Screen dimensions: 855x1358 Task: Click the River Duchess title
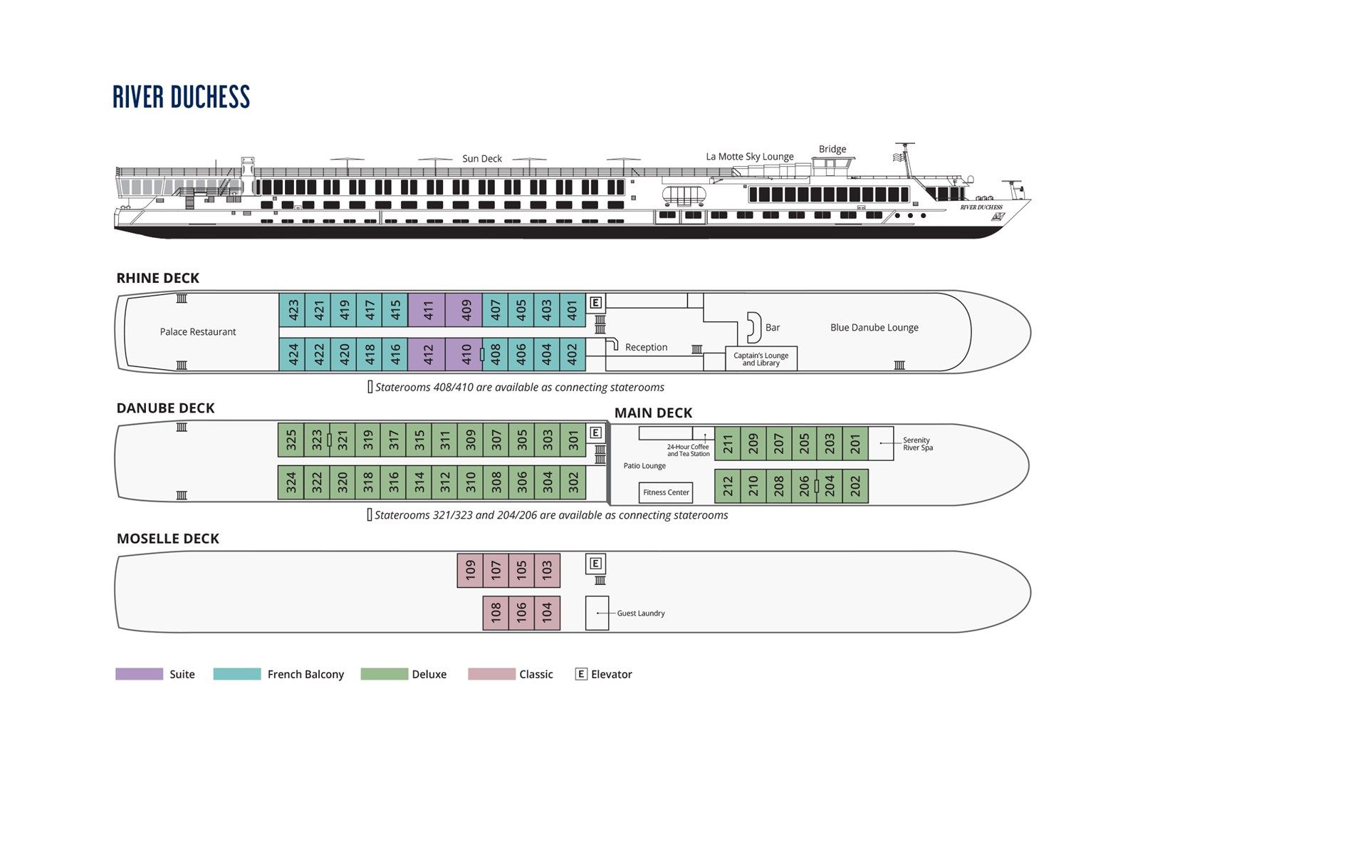(181, 98)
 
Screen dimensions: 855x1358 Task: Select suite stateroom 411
(427, 310)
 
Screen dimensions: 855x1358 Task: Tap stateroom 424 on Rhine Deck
(292, 354)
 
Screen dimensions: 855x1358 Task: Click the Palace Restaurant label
(197, 332)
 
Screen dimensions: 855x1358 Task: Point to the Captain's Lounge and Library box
(761, 359)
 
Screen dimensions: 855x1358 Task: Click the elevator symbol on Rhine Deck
(595, 303)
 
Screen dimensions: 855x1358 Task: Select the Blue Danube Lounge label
(874, 328)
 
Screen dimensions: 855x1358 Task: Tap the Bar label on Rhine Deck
(772, 328)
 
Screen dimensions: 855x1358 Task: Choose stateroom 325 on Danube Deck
(291, 440)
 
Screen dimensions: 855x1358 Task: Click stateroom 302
(573, 483)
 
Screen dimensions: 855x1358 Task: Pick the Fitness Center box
(666, 492)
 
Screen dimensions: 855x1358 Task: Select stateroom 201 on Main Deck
(855, 444)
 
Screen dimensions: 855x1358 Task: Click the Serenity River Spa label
(917, 444)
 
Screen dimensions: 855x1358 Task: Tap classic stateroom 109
(470, 571)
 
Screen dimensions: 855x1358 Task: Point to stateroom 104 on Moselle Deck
(547, 613)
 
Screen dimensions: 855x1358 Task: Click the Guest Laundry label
(640, 613)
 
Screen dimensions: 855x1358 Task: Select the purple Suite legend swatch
(140, 674)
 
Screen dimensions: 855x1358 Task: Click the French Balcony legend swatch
(237, 674)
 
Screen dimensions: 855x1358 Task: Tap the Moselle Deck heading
(167, 539)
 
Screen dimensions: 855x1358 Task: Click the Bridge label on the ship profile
(832, 149)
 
